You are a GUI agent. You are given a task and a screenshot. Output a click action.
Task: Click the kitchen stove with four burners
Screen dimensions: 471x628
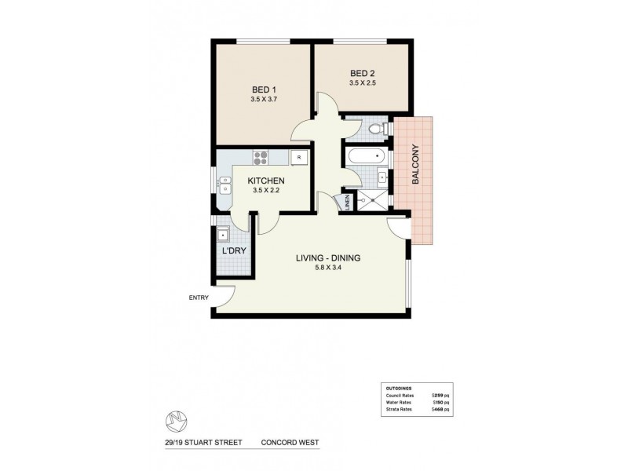[260, 158]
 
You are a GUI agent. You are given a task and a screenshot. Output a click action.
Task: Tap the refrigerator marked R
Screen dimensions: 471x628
[298, 158]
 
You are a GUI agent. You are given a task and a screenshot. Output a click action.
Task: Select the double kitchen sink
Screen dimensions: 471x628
[225, 184]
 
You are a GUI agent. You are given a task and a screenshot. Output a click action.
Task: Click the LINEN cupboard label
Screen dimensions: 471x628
[348, 202]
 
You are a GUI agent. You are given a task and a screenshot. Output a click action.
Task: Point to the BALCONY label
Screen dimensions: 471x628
[415, 165]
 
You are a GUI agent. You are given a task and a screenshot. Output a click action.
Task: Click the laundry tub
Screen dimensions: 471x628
[223, 235]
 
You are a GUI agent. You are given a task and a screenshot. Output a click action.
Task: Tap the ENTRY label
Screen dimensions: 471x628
[197, 298]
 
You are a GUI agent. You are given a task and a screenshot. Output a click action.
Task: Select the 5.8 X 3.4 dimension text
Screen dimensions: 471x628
[327, 270]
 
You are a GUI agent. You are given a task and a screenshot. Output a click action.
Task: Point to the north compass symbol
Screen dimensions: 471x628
[173, 421]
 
